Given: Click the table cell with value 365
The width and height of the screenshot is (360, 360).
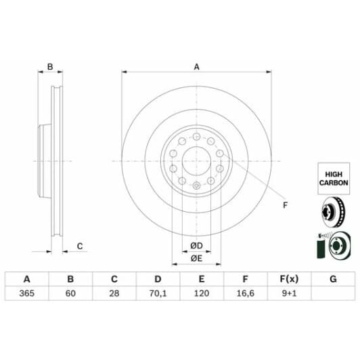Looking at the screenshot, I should tap(26, 294).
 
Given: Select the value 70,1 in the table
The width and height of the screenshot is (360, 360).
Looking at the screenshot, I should tap(157, 294).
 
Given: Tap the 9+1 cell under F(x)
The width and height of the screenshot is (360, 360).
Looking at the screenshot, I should tap(288, 294).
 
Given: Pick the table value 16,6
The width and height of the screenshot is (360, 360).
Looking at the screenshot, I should tap(244, 294).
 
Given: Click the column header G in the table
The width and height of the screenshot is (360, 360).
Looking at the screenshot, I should tap(332, 279).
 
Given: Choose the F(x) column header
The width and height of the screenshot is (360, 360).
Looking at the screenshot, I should tap(288, 279).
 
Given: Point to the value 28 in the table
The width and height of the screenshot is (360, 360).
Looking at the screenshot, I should tap(114, 294).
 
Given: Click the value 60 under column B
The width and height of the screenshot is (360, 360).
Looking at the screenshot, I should tap(70, 294).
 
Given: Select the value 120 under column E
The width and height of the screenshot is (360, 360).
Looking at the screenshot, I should tap(201, 294).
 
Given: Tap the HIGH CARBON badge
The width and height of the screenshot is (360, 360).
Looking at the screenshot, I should tap(334, 178).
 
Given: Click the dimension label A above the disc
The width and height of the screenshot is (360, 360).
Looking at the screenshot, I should tap(197, 66).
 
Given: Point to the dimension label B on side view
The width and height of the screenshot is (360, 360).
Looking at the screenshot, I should tap(49, 66).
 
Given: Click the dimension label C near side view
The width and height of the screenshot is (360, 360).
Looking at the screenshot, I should tap(79, 246).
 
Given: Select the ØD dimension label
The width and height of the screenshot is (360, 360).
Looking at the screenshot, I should tap(196, 244).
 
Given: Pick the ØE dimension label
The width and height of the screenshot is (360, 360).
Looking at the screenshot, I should tap(196, 258).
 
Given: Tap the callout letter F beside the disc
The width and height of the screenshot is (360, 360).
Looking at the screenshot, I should tap(285, 206).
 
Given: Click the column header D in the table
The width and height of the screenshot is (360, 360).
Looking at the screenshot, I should tap(157, 279).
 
